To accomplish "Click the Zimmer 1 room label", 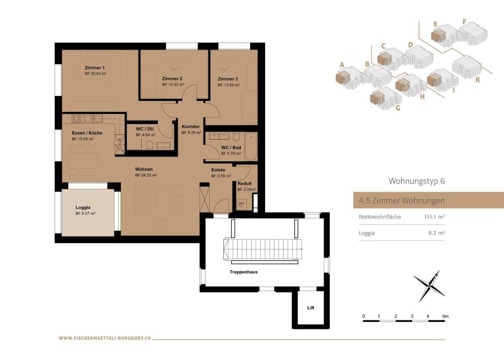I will [x=95, y=68].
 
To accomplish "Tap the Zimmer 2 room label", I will [x=172, y=79].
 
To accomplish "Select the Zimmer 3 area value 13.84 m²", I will [x=228, y=85].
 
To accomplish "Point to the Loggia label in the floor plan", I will [x=83, y=207].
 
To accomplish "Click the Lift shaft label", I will [x=310, y=307].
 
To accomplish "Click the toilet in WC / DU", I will [x=150, y=146].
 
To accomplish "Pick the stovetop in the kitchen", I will [x=77, y=119].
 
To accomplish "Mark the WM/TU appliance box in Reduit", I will [x=240, y=205].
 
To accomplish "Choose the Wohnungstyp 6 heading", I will [x=416, y=181].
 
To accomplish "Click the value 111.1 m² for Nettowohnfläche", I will [x=434, y=217].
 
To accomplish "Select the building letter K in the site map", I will [x=477, y=79].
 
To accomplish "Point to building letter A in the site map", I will [x=342, y=65].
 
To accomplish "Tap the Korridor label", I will [x=191, y=127].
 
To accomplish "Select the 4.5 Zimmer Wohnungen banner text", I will [x=402, y=200].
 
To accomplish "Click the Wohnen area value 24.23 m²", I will [x=146, y=175].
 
